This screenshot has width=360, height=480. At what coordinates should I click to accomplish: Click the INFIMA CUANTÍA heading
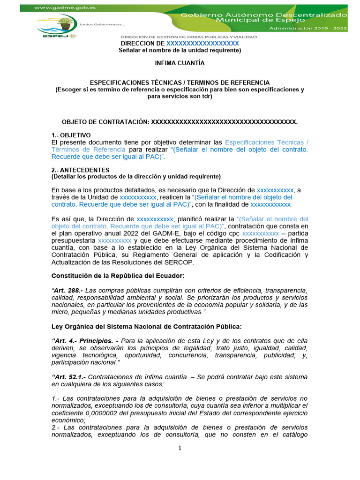point(180,63)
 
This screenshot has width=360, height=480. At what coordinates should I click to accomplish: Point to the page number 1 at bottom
point(180,449)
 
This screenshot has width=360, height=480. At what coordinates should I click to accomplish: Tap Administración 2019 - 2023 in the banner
point(308,29)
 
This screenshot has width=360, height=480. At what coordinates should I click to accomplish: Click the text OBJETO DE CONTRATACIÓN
point(105,122)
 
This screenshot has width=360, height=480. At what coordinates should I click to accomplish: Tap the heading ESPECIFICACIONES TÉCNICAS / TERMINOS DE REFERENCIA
point(180,82)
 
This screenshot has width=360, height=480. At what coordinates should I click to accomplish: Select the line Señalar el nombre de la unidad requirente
point(180,50)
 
